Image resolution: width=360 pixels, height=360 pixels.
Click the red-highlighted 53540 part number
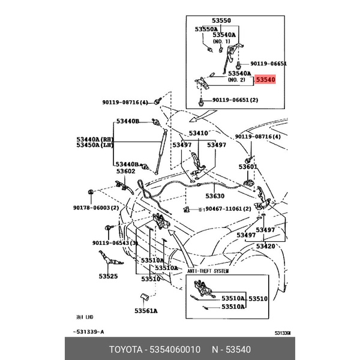coord(265,79)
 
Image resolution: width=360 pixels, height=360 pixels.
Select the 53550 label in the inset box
coord(220,20)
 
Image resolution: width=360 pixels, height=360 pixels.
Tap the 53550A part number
coord(206,29)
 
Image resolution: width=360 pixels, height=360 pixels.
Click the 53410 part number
coord(199,133)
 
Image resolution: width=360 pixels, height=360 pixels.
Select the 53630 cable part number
coord(215,196)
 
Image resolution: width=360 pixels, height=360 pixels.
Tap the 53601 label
coord(248,167)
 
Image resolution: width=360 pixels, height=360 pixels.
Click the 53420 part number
coord(265,246)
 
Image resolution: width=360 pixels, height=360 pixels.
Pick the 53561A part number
coord(146,311)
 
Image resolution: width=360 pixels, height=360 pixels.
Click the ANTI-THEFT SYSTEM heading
coord(208,270)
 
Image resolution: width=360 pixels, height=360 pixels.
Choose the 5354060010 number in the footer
coord(173,349)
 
